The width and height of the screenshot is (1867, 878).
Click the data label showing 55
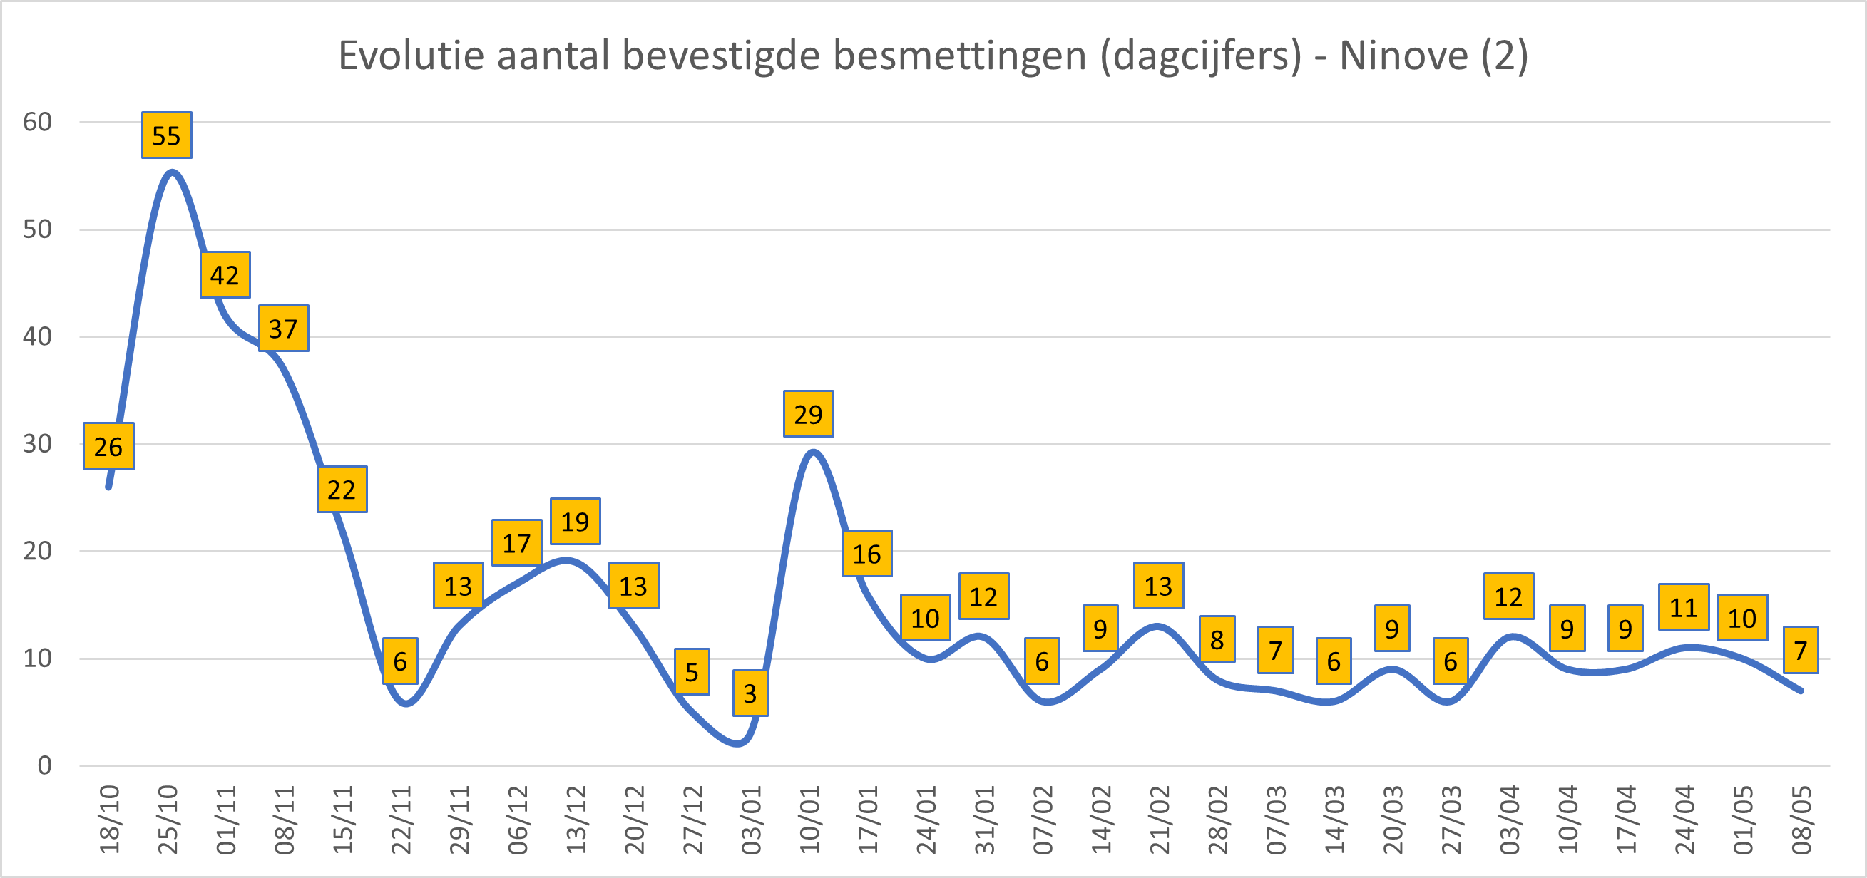[x=166, y=135]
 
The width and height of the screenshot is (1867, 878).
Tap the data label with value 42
[x=225, y=275]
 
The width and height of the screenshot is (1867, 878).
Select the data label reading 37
[x=283, y=329]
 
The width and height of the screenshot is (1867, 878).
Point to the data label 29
[x=808, y=414]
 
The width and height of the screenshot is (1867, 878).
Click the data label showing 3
[x=750, y=693]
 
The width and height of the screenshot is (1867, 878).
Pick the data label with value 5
[x=692, y=672]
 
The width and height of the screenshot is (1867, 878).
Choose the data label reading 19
[x=575, y=522]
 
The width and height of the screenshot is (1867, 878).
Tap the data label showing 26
[x=108, y=446]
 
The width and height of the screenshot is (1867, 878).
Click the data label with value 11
[x=1683, y=607]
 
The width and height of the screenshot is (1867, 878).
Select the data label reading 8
[x=1217, y=640]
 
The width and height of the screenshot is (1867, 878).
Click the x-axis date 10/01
[x=809, y=820]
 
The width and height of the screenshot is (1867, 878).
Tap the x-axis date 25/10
[x=168, y=820]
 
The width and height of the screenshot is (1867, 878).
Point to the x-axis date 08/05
[x=1801, y=820]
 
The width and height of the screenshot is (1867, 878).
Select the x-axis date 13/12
[x=576, y=820]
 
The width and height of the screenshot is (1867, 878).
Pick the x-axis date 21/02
[x=1159, y=820]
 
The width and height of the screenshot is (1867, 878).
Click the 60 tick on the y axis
[x=37, y=123]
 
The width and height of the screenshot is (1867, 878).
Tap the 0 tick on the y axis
[x=44, y=765]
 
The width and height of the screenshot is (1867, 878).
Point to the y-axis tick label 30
[x=37, y=444]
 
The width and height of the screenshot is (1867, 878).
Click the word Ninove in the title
[x=1403, y=55]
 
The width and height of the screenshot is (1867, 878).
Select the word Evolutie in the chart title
[x=411, y=55]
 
